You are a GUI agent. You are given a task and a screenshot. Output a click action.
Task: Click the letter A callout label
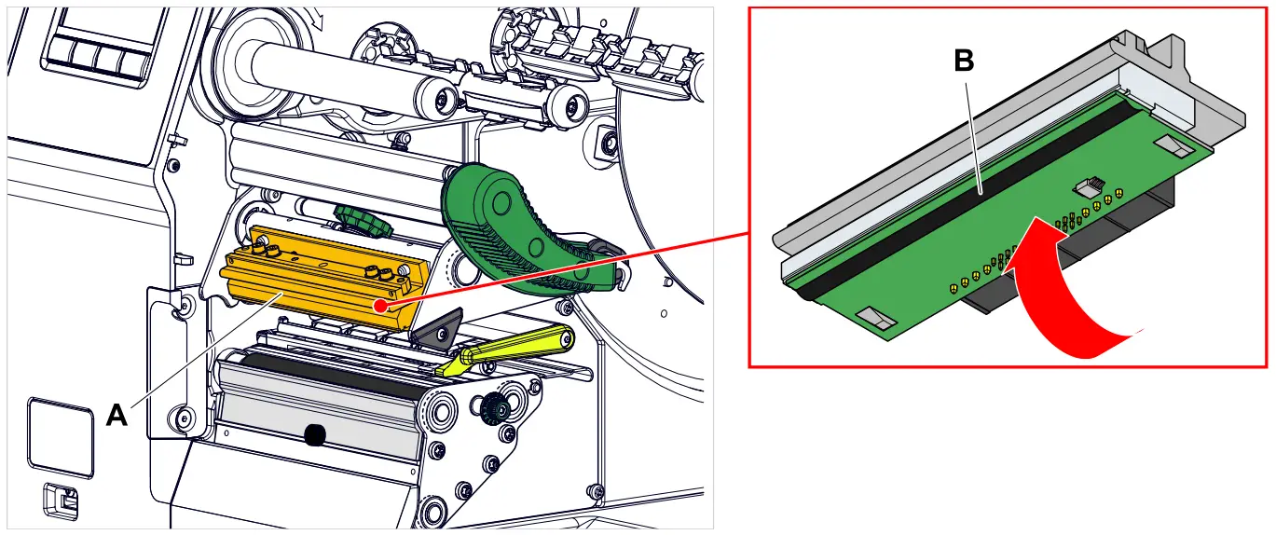[x=117, y=414]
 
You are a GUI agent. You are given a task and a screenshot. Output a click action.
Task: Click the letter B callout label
[x=964, y=61]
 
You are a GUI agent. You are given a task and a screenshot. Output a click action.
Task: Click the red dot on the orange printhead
[x=377, y=305]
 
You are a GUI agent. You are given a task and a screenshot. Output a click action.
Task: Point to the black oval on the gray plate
[x=314, y=433]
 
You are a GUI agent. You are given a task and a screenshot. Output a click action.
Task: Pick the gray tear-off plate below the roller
[x=317, y=424]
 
